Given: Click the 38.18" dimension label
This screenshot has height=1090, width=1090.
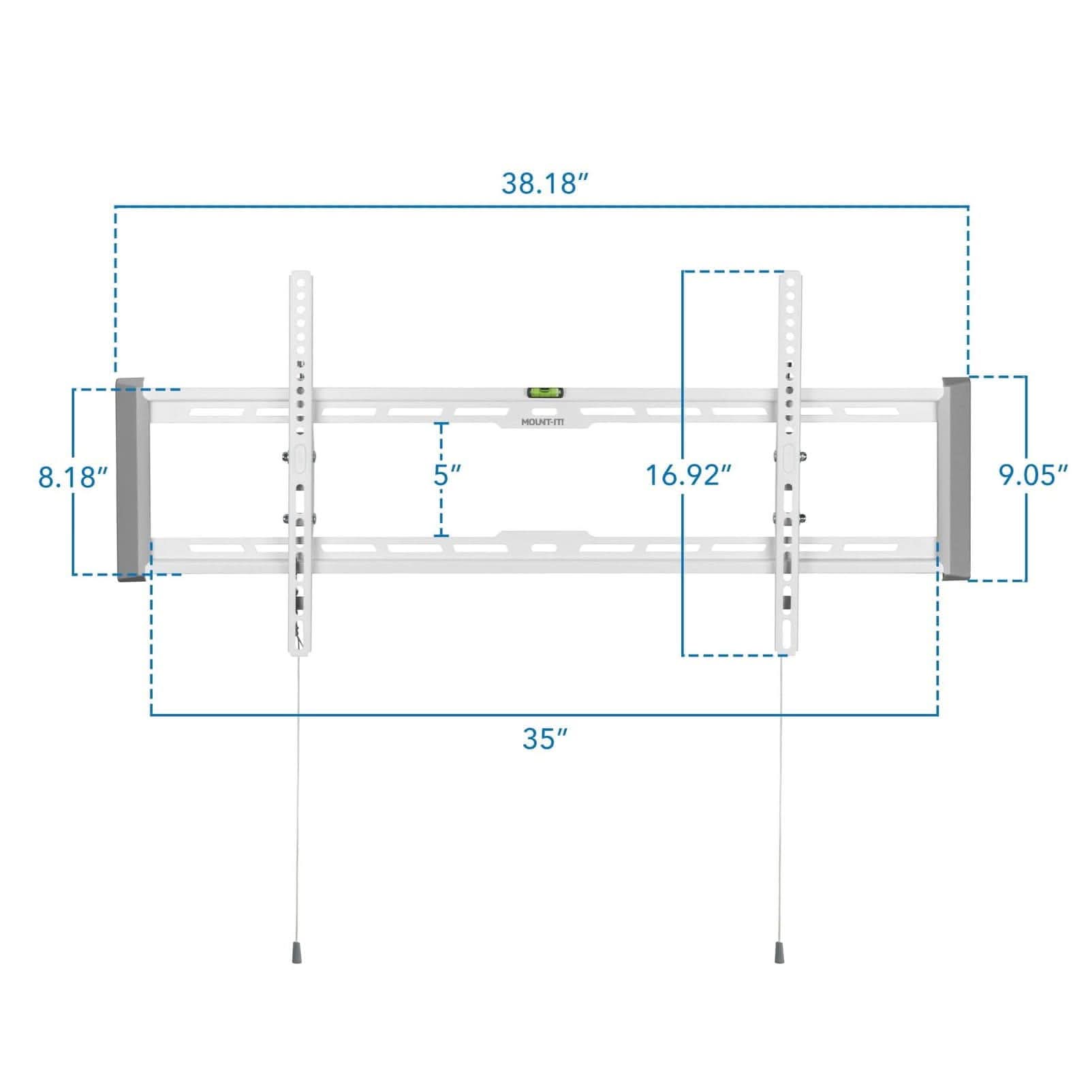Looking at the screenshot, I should click(x=544, y=183).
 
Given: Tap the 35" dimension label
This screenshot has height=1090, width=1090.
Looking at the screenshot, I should click(x=544, y=738).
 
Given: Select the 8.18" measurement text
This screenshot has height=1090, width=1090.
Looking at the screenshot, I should click(x=74, y=477).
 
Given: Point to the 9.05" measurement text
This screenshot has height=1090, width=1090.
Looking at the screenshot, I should click(x=1033, y=475).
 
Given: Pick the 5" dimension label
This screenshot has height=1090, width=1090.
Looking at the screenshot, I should click(x=448, y=475).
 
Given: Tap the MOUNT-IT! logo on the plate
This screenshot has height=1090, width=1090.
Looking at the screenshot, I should click(x=543, y=422).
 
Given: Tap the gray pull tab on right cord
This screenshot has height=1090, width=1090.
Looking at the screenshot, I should click(x=778, y=952).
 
